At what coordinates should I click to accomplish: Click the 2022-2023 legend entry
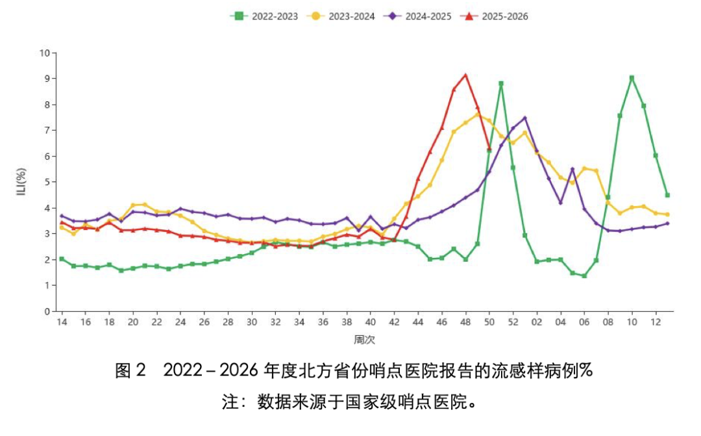coord(264,16)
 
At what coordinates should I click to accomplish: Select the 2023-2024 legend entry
coord(341,16)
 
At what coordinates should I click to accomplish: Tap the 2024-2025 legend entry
coord(417,16)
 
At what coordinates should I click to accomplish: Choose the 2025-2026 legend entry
coord(494,16)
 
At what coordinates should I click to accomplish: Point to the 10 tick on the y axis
coord(45,53)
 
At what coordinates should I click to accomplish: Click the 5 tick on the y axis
coord(47,182)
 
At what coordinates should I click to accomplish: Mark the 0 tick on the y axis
coord(47,311)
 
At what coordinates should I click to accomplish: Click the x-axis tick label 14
coord(62,322)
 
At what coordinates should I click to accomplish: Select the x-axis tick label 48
coord(465,322)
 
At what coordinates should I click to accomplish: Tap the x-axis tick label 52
coord(513,322)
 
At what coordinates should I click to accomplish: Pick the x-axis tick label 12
coord(656,322)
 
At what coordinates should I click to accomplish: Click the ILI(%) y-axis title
coord(21,182)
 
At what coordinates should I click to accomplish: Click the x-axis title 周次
coord(364,340)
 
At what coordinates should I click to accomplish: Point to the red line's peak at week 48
coord(465,75)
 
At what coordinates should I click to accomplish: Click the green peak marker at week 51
coord(501,84)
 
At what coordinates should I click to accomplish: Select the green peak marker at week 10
coord(632,78)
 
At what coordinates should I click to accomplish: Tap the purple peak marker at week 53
coord(525,118)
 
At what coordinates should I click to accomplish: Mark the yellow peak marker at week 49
coord(478,114)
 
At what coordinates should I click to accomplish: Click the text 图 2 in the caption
coord(130,370)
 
